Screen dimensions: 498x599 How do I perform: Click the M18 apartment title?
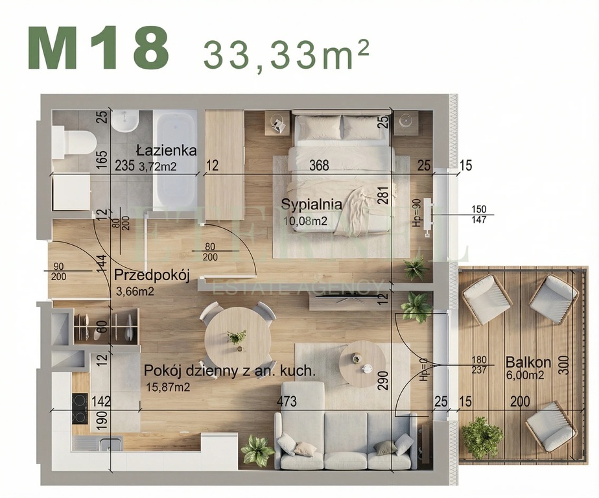[98, 49]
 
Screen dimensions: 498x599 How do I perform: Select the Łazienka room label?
[167, 150]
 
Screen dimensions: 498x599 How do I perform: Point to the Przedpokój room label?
[151, 276]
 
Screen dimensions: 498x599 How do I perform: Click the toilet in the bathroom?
[75, 141]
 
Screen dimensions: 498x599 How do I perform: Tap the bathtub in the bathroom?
[175, 159]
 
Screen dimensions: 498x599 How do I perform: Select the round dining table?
[238, 338]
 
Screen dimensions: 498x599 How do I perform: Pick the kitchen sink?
[97, 444]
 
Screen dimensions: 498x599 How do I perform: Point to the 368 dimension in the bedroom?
[319, 165]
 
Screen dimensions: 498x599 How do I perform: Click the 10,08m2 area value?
[304, 221]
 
